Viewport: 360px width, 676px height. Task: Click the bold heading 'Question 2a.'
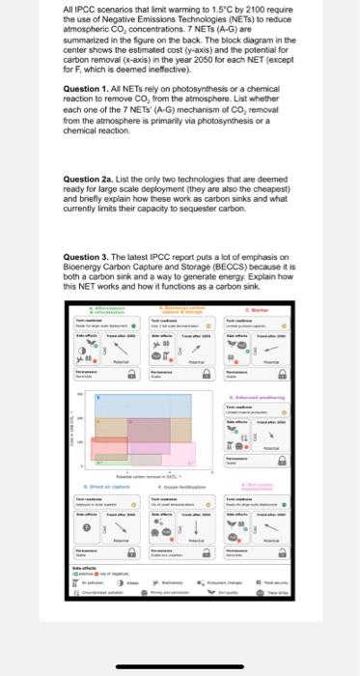coord(85,180)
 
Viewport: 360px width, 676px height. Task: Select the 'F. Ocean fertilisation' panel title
coord(177,487)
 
